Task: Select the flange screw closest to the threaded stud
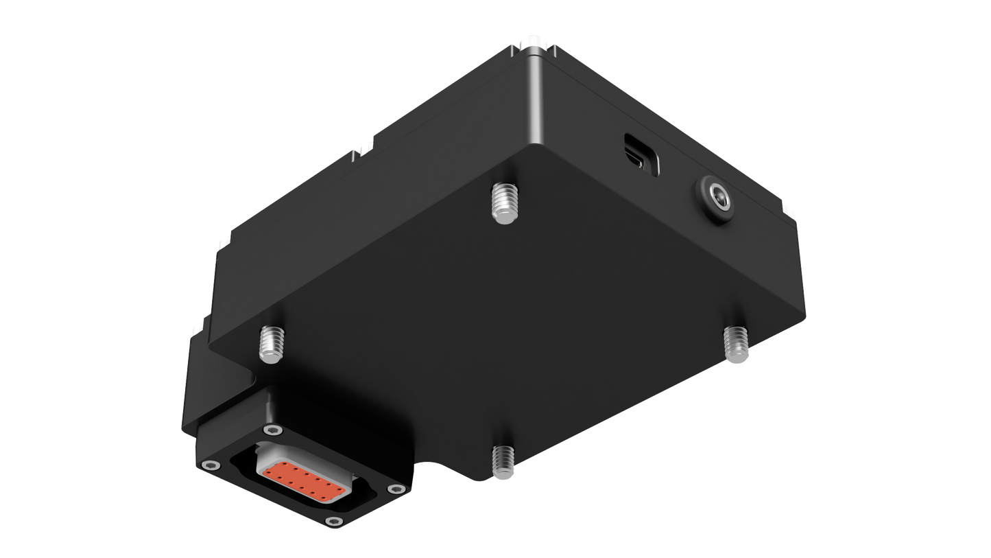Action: pos(274,431)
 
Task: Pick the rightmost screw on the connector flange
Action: pos(393,489)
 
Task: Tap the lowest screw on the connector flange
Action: pos(333,523)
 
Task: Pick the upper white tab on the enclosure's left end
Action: pos(223,242)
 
